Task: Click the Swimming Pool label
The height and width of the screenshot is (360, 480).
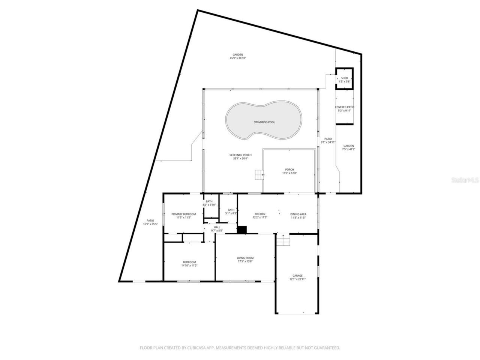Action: tap(264, 122)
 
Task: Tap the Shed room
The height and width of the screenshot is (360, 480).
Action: tap(344, 79)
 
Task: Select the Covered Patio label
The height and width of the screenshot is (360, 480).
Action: tap(344, 107)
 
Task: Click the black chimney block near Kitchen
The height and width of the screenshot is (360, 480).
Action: tap(242, 230)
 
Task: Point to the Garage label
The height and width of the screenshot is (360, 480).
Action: tap(297, 276)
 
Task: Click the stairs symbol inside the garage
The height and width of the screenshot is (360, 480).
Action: tap(283, 240)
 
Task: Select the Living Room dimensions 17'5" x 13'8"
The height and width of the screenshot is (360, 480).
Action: tap(245, 261)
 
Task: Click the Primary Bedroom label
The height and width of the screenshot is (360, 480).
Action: tap(184, 214)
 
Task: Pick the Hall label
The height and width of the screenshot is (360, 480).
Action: tap(217, 227)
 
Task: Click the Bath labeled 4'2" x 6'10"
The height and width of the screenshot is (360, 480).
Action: tap(209, 203)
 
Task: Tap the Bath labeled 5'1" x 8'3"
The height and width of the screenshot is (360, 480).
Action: tap(231, 211)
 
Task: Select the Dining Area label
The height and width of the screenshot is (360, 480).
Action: tap(298, 214)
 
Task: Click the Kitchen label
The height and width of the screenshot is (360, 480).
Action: tap(260, 214)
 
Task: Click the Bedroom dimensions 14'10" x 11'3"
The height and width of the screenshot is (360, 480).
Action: tap(189, 265)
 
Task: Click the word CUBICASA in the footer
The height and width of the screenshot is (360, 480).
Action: tap(194, 348)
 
